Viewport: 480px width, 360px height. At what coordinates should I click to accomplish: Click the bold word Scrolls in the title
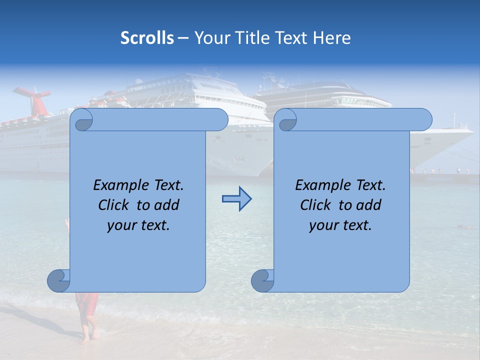click(147, 38)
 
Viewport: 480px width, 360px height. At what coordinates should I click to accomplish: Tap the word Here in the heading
click(331, 38)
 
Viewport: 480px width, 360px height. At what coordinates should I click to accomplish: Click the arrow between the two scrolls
click(236, 199)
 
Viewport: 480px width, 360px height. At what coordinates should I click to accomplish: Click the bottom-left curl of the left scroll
click(58, 280)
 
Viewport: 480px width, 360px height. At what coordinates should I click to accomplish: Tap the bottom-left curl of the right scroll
click(262, 280)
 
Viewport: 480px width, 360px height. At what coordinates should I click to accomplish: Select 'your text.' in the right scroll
click(340, 225)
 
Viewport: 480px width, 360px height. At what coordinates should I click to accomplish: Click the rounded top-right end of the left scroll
click(220, 120)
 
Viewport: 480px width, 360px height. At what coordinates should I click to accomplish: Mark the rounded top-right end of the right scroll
click(424, 120)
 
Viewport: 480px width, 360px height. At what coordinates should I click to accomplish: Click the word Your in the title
click(210, 38)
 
